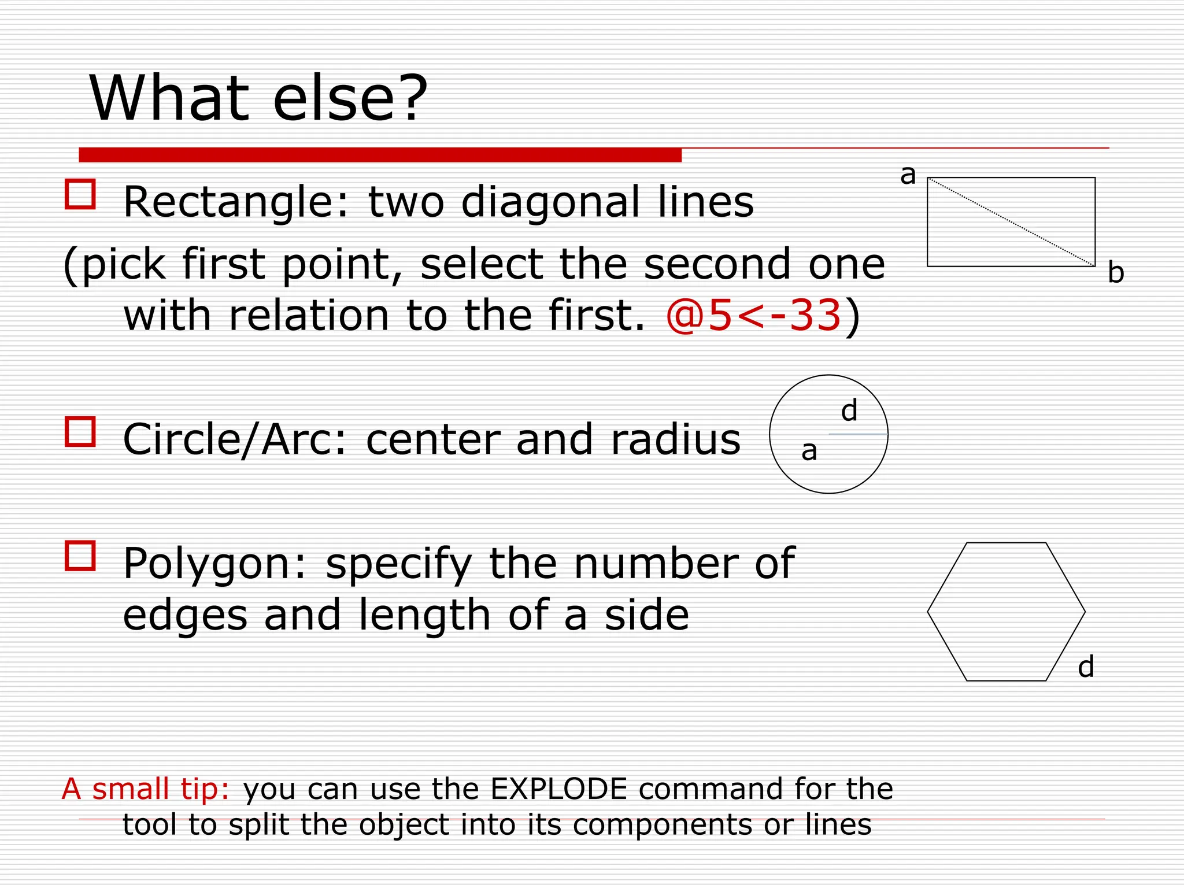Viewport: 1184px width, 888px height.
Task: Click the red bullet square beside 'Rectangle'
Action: coord(80,194)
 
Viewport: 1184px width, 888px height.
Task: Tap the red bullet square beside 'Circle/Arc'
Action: coord(80,431)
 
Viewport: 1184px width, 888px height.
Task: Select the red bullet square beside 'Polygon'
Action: coord(80,556)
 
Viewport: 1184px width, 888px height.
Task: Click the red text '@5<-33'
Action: coord(753,316)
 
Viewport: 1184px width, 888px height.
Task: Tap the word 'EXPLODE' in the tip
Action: coord(558,789)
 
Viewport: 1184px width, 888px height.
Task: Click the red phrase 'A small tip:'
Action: coord(146,789)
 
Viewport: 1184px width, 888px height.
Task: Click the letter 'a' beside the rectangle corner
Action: coord(908,175)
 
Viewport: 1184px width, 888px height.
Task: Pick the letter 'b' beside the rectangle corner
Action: coord(1116,272)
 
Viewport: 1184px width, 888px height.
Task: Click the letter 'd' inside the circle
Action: coord(849,411)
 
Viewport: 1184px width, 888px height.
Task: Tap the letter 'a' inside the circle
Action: coord(809,451)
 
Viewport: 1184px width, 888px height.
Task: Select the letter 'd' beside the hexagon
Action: coord(1086,667)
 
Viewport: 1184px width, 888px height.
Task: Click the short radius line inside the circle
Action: coord(858,434)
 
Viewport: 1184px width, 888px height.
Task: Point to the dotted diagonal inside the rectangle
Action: coord(1011,222)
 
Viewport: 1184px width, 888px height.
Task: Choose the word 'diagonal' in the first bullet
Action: coord(550,202)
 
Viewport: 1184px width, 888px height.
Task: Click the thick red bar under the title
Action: coord(380,155)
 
